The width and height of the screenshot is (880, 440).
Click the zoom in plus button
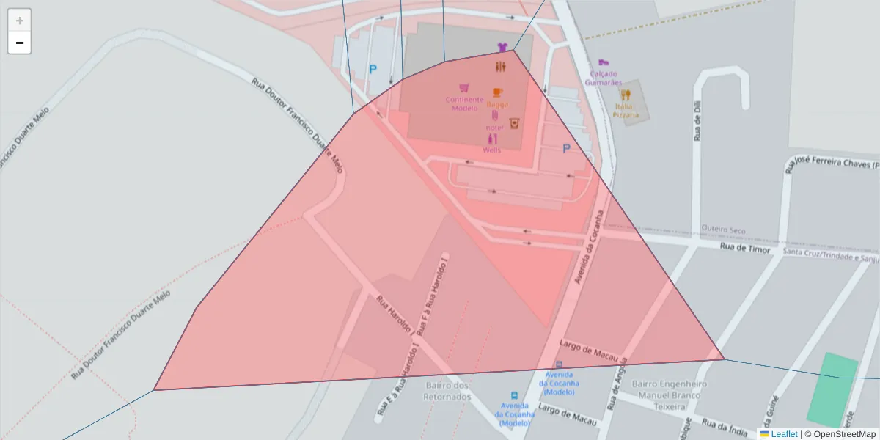(x=20, y=21)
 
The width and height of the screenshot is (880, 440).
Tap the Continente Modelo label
(x=464, y=103)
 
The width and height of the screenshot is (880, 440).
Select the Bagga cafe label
(x=497, y=104)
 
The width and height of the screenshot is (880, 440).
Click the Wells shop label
(x=491, y=150)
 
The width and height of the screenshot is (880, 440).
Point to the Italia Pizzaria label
(x=626, y=111)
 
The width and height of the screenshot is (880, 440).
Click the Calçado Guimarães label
(x=603, y=78)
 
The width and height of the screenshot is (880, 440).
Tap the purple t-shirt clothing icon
(x=502, y=47)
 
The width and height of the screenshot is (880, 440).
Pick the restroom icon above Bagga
(x=501, y=67)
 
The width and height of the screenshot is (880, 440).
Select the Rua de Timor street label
(x=745, y=249)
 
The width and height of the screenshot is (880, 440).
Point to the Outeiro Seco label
(x=723, y=230)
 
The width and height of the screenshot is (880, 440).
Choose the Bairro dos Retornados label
(x=446, y=391)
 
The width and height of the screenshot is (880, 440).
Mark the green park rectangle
(x=832, y=390)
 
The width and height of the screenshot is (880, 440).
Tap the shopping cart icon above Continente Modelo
(x=463, y=88)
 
